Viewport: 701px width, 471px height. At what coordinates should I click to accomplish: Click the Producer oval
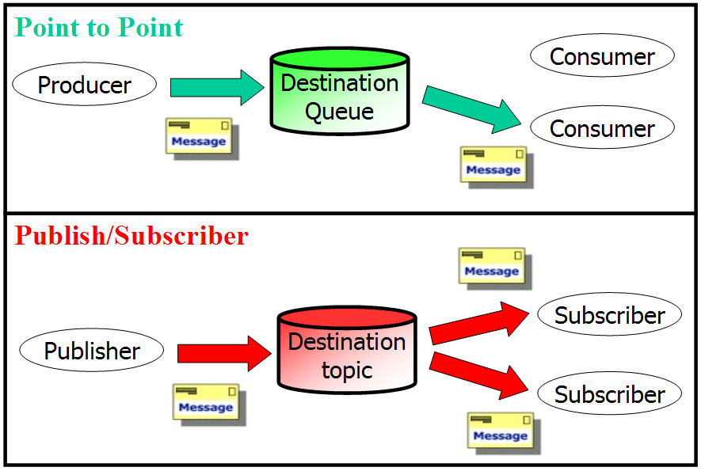click(85, 84)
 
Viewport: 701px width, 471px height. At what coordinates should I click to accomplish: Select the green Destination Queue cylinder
click(340, 91)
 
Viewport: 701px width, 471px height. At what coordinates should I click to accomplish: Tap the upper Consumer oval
click(602, 55)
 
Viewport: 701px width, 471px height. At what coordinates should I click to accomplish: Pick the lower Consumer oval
click(602, 127)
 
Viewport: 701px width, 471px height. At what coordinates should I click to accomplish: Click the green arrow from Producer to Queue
click(217, 87)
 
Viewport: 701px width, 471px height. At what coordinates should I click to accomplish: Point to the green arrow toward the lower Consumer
click(471, 110)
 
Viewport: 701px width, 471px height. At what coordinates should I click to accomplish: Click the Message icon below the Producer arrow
click(202, 139)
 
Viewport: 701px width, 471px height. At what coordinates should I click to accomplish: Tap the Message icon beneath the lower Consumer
click(497, 167)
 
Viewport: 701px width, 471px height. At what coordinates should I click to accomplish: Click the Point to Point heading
click(99, 28)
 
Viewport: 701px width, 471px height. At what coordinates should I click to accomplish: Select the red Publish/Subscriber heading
click(131, 236)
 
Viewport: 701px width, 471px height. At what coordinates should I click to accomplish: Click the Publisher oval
click(92, 350)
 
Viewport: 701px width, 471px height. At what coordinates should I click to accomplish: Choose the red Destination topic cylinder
click(347, 350)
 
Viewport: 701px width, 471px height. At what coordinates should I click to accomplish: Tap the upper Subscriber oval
click(609, 314)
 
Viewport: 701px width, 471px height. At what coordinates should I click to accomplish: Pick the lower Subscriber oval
click(609, 393)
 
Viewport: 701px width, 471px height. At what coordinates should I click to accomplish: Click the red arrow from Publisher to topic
click(224, 354)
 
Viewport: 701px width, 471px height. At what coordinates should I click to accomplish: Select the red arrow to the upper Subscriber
click(478, 323)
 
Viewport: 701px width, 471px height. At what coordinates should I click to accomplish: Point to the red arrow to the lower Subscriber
click(478, 375)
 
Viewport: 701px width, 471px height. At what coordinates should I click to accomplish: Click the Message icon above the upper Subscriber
click(495, 268)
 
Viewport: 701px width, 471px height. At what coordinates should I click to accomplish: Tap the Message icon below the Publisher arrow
click(209, 405)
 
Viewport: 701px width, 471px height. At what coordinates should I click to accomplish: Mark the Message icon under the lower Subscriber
click(504, 433)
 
